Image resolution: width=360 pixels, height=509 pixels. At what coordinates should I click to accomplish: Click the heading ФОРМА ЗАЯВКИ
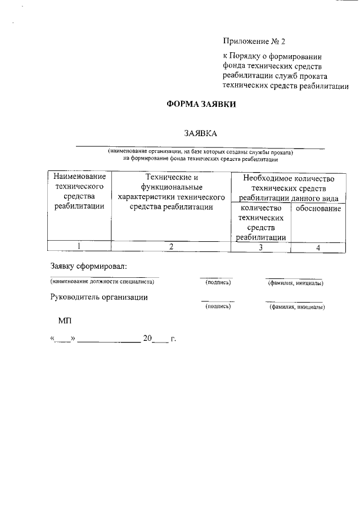pyautogui.click(x=200, y=105)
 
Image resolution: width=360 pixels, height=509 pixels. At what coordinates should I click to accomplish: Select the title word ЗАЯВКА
pyautogui.click(x=200, y=133)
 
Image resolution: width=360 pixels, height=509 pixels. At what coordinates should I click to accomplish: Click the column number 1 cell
pyautogui.click(x=79, y=246)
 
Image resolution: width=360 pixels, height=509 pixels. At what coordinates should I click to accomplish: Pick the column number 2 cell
pyautogui.click(x=171, y=246)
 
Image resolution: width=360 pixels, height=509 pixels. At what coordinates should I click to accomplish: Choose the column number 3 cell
pyautogui.click(x=260, y=247)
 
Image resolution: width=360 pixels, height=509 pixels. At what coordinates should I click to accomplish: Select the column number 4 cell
pyautogui.click(x=318, y=247)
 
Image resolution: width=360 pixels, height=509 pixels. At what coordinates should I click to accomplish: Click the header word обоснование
pyautogui.click(x=318, y=209)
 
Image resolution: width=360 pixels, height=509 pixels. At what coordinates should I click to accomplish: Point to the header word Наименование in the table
pyautogui.click(x=79, y=177)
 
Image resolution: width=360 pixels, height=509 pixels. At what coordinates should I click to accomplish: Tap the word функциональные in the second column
pyautogui.click(x=172, y=187)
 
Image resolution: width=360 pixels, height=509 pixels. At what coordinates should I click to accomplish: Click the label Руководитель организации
pyautogui.click(x=99, y=297)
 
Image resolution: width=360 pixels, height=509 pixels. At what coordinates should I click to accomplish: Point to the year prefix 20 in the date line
pyautogui.click(x=147, y=339)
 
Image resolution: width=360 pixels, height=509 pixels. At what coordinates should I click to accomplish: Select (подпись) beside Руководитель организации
pyautogui.click(x=218, y=307)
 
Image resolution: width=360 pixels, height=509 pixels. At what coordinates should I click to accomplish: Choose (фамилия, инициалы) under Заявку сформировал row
pyautogui.click(x=295, y=282)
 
